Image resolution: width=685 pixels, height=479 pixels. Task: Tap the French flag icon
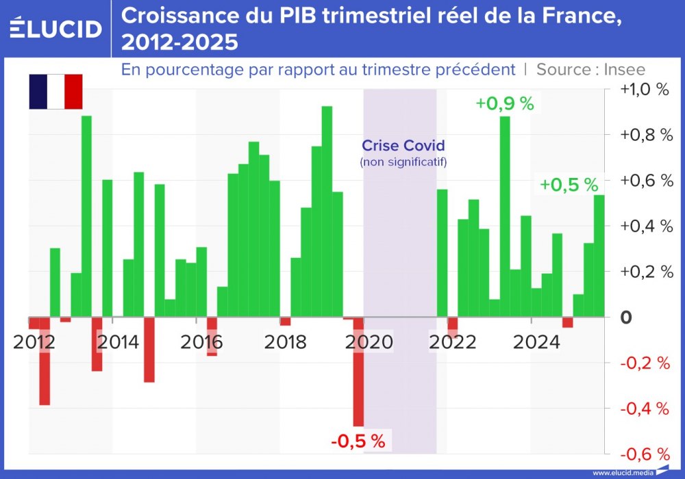55,92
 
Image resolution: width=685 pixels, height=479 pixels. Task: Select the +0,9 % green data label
505,104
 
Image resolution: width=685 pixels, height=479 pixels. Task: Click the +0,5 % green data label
569,185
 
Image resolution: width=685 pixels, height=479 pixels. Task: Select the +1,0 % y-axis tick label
645,90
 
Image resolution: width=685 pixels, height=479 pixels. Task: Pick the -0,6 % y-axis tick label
645,454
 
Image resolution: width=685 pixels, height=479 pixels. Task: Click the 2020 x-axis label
371,341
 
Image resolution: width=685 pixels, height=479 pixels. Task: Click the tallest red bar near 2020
358,372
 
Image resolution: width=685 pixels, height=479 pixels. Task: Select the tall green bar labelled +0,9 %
505,216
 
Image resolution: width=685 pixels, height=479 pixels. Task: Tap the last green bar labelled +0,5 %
599,256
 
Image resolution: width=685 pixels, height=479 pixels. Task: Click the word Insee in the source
624,69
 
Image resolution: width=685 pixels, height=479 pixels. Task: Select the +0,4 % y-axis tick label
645,226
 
